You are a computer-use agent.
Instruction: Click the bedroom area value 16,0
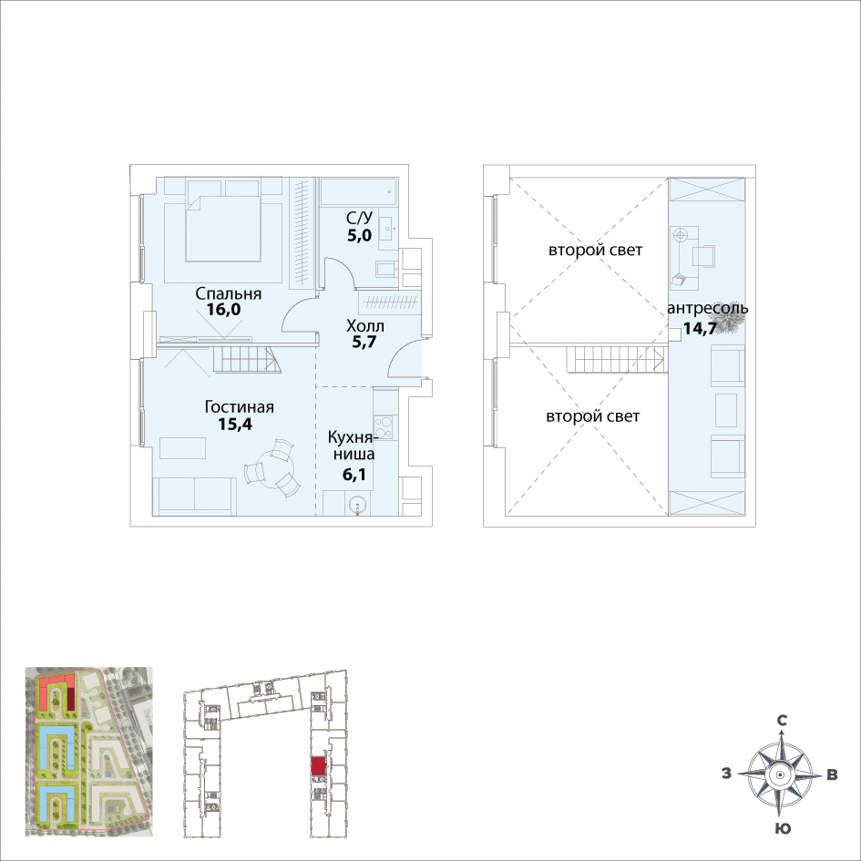click(223, 310)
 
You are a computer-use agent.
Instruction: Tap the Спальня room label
click(229, 293)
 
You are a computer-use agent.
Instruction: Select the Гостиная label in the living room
click(240, 407)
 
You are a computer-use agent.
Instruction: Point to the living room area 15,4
click(235, 424)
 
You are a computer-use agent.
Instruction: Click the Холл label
click(365, 326)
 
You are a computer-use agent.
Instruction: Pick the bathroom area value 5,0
click(359, 236)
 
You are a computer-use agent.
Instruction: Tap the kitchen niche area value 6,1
click(354, 474)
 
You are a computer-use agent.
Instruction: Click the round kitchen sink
click(358, 505)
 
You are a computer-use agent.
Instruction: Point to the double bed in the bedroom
click(221, 228)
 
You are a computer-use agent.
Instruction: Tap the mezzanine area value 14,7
click(700, 329)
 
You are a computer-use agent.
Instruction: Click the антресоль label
click(708, 308)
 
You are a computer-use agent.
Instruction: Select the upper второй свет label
click(595, 251)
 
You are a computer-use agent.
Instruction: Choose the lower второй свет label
click(592, 416)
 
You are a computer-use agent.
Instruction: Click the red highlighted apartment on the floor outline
click(318, 766)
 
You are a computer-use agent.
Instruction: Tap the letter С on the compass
click(782, 721)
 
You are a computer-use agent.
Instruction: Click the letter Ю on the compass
click(783, 828)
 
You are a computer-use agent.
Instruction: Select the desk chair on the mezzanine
click(704, 256)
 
